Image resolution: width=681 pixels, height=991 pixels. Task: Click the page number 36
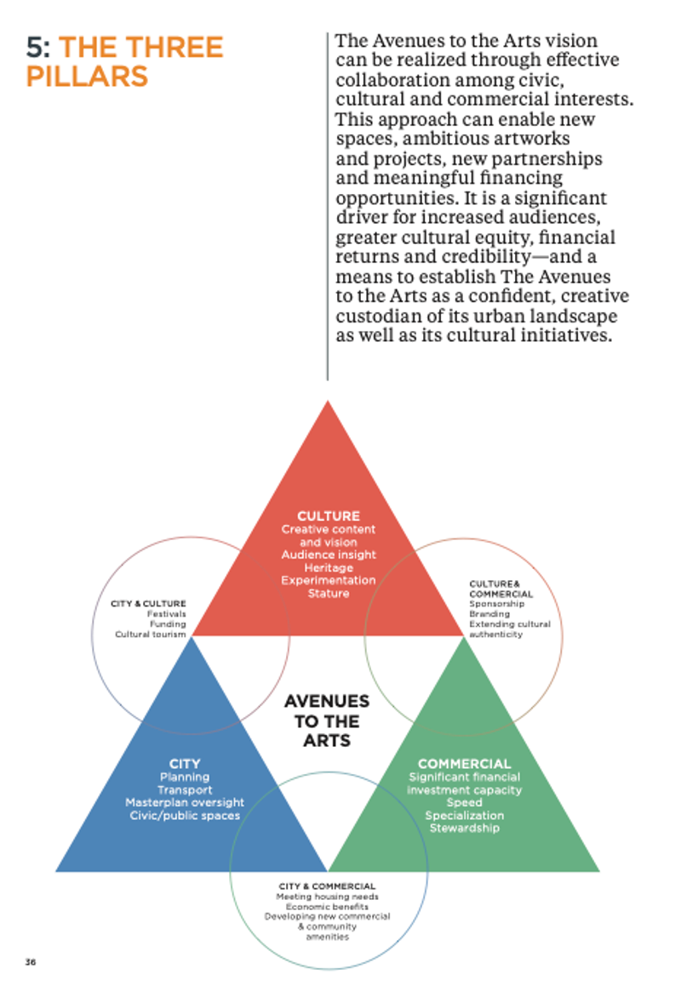[30, 962]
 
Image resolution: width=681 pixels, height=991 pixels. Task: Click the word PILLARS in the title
[87, 77]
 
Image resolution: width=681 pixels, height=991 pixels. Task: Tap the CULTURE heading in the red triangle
[328, 515]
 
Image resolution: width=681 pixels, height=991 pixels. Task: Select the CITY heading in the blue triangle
[185, 764]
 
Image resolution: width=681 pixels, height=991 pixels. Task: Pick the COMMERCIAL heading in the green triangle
[464, 764]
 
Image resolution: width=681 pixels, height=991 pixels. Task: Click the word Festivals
[167, 613]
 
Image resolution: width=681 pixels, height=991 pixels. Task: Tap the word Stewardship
[464, 828]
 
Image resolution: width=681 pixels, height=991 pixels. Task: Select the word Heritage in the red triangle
[328, 567]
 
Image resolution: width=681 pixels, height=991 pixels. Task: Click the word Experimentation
[328, 580]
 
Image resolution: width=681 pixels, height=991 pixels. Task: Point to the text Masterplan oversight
[185, 802]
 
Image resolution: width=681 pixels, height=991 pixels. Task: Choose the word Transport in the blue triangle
[185, 789]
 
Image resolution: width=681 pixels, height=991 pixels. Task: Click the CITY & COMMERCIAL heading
[327, 886]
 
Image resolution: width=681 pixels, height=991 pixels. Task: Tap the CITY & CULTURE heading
[148, 603]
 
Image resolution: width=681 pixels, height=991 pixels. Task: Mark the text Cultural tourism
[151, 634]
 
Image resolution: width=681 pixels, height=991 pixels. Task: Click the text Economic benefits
[327, 907]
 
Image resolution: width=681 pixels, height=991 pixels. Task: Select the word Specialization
[464, 815]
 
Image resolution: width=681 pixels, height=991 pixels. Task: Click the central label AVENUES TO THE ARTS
[327, 720]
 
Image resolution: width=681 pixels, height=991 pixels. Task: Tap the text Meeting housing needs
[327, 897]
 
